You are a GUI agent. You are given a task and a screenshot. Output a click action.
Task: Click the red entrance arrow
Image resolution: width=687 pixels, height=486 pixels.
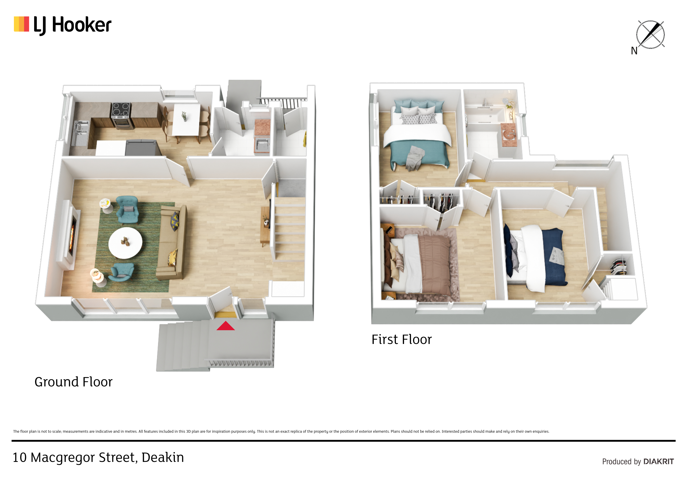226,326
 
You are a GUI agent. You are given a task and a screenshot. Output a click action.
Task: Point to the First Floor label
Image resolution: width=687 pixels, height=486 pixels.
401,340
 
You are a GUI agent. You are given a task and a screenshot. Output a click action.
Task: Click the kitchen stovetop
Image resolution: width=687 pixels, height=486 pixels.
121,110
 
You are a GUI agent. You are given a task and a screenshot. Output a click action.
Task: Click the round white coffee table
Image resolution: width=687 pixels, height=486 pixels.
125,243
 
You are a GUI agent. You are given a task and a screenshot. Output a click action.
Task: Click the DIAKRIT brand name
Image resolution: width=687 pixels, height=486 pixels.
659,462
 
